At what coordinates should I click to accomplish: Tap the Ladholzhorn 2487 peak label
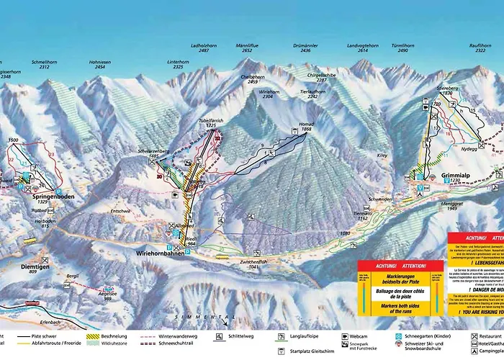[194, 48]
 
